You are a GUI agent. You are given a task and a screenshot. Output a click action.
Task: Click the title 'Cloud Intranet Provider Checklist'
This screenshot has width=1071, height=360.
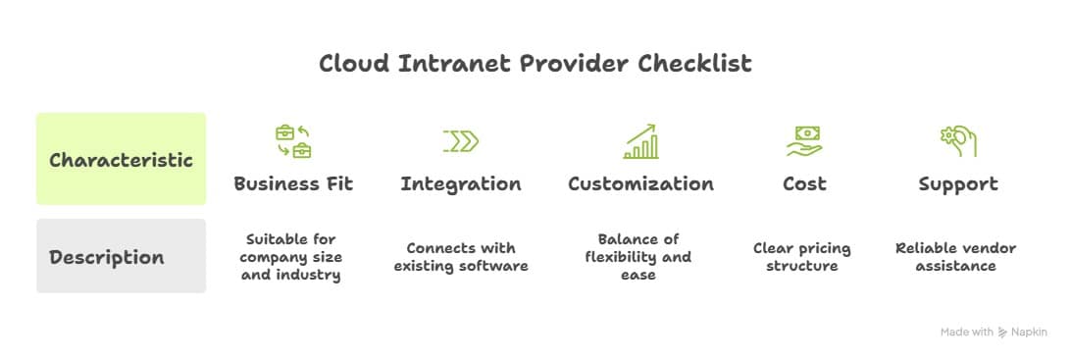point(535,64)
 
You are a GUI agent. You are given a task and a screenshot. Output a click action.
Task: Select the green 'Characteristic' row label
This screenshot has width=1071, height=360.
point(121,160)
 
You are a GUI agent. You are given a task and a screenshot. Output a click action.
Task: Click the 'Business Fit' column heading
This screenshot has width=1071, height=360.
point(293,184)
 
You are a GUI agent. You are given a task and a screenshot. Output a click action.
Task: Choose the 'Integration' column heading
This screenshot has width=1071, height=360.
point(461,184)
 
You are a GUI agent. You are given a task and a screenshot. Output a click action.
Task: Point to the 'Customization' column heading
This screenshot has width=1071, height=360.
point(640,184)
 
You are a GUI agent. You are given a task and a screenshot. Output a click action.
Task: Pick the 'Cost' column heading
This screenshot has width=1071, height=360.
point(803,184)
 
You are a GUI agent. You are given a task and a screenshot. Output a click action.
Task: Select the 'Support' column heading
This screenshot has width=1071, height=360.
point(957,184)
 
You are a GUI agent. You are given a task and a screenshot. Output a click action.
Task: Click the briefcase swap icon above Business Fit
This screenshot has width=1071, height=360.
point(293,141)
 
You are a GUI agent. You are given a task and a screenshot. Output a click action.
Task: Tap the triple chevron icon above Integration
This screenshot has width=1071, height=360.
point(461,141)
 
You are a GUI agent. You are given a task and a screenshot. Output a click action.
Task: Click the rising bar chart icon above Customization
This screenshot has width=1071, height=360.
point(641,141)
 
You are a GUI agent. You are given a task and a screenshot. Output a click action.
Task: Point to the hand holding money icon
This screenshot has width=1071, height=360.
point(803,141)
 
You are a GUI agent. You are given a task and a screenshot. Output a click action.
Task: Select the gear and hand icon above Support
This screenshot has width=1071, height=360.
point(958,141)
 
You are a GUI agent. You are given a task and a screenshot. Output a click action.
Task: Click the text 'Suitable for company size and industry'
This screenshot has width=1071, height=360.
point(293,257)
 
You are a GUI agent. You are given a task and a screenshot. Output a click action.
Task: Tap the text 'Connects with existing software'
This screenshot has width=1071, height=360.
point(461,257)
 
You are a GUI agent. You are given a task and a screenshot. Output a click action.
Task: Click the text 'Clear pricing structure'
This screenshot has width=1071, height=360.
point(802,257)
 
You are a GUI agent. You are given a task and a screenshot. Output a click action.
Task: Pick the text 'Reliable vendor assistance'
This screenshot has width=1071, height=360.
point(955,257)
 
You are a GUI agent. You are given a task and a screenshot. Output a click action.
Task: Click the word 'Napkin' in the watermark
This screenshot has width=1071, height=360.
point(1031,333)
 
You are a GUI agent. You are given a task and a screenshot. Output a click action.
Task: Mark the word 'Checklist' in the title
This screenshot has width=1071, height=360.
point(695,64)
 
